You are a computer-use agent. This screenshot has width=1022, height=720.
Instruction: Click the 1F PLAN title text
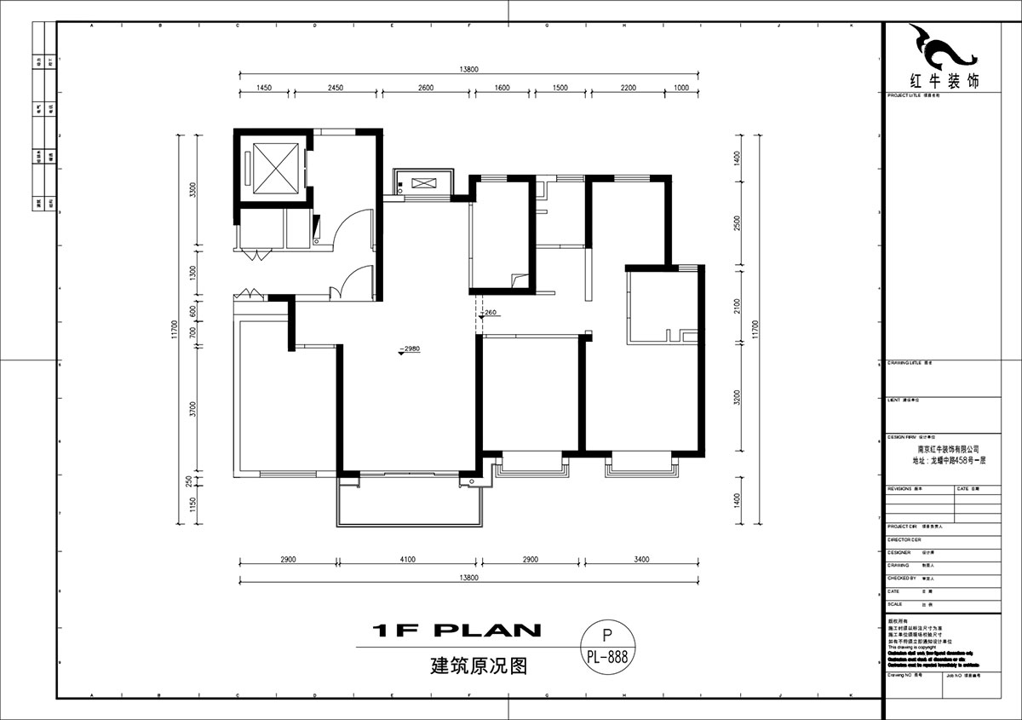pos(458,631)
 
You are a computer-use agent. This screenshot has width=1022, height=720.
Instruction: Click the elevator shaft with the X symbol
pos(271,168)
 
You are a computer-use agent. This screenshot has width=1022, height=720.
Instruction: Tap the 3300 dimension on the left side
pos(193,189)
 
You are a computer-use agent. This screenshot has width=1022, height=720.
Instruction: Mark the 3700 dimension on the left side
pos(193,410)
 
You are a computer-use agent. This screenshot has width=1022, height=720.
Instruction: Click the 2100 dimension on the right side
pos(737,305)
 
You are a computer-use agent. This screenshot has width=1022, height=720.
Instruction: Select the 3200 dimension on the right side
pos(737,397)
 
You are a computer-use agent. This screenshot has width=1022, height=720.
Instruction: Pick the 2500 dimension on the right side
pos(737,223)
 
